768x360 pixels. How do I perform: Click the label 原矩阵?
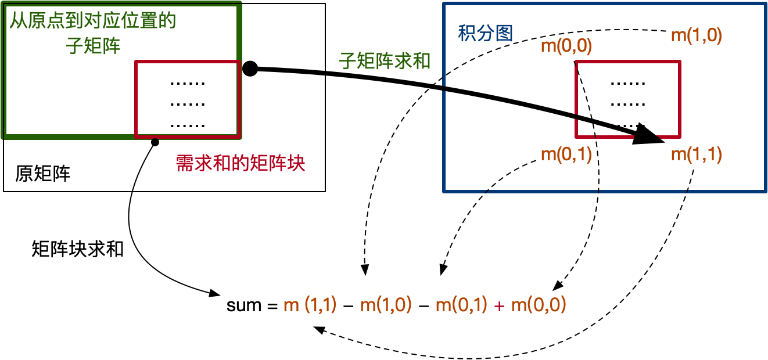(43, 174)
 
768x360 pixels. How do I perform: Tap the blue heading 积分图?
(485, 34)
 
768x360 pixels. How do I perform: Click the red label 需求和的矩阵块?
(241, 164)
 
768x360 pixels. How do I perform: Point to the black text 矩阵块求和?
(78, 250)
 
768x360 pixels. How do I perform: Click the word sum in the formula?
(244, 305)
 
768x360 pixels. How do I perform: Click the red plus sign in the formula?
(498, 305)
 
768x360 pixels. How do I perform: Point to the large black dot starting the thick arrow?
(250, 69)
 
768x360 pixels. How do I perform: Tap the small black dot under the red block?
(155, 142)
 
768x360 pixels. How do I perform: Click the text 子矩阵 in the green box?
(94, 45)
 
